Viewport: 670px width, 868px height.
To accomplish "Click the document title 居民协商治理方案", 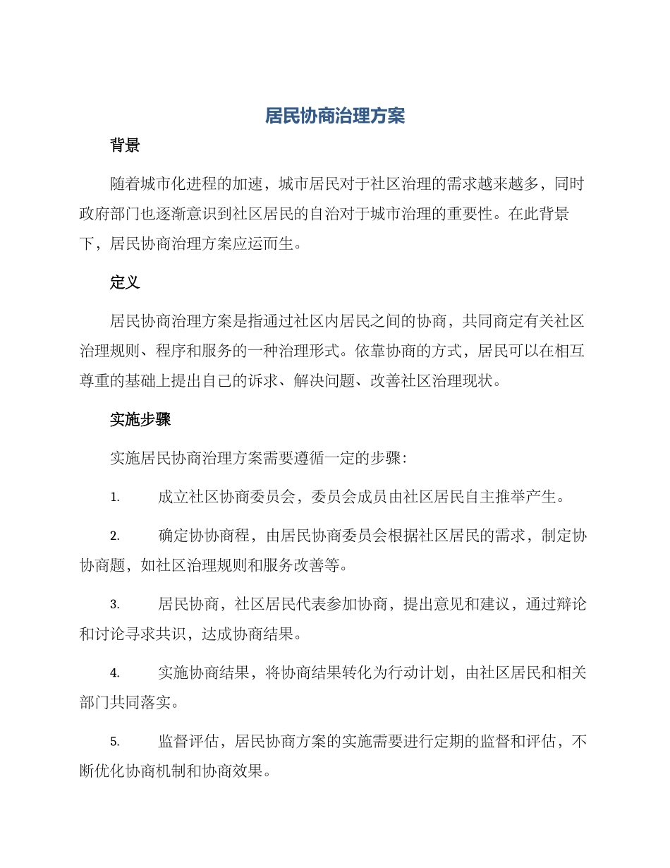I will click(x=335, y=116).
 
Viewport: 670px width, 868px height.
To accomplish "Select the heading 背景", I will click(x=125, y=146).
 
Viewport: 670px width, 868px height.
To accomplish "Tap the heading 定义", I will click(x=125, y=283).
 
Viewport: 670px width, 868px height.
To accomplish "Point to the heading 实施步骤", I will click(x=140, y=420).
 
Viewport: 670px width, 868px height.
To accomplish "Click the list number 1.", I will click(x=115, y=498).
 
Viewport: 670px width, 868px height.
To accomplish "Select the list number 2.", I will click(x=115, y=536).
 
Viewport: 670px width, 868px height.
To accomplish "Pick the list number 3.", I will click(x=115, y=605).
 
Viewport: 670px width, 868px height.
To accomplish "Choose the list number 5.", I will click(x=115, y=742).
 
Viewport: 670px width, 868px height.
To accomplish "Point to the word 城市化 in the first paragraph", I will click(x=164, y=185).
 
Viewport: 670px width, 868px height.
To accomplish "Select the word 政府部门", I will click(x=110, y=215).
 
